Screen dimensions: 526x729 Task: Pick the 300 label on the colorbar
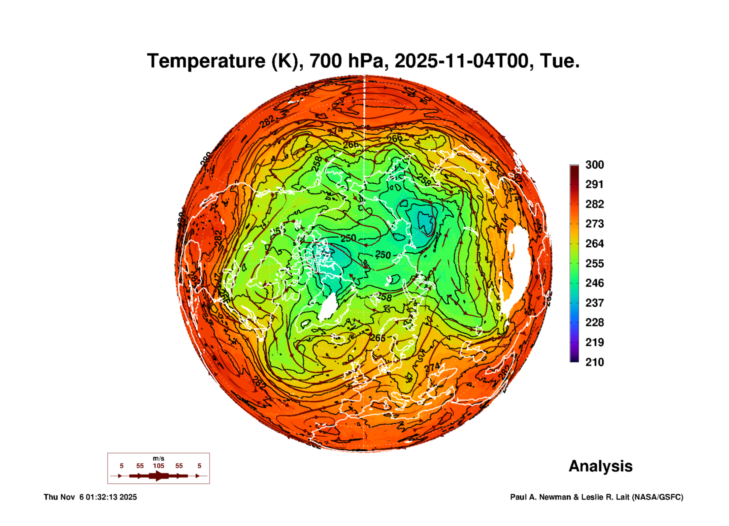point(594,165)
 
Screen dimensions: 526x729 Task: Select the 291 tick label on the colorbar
point(594,184)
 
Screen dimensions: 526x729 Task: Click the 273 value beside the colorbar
point(594,224)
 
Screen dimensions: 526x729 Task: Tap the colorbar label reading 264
point(594,244)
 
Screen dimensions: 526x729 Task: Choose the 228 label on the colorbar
point(594,322)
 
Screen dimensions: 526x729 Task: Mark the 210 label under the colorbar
point(594,362)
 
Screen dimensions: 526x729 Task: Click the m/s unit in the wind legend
point(159,458)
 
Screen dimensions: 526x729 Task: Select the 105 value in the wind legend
point(159,466)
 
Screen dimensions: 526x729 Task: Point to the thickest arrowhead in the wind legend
point(159,476)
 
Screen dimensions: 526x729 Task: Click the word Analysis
point(600,466)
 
